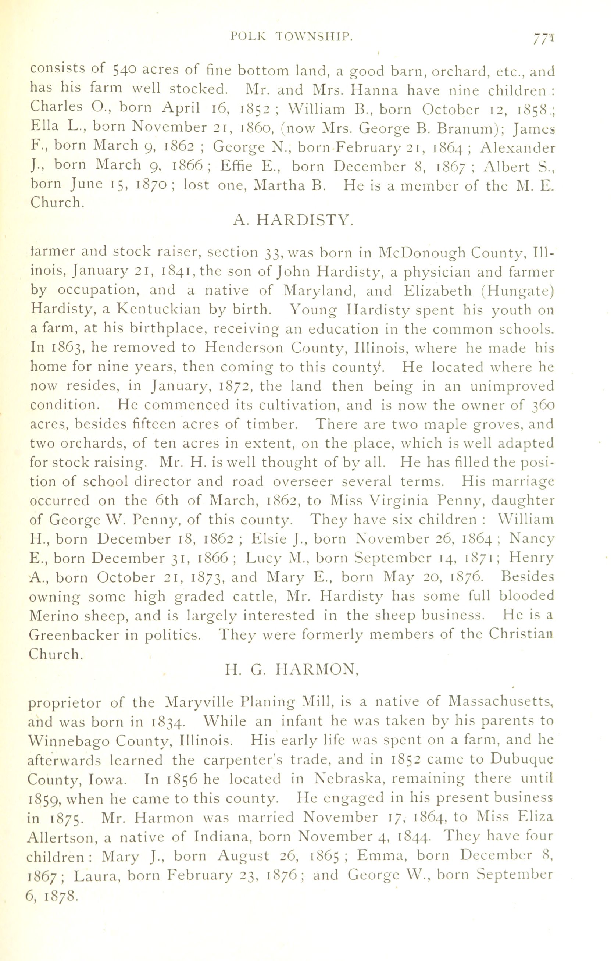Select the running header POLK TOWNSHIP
click(292, 37)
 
